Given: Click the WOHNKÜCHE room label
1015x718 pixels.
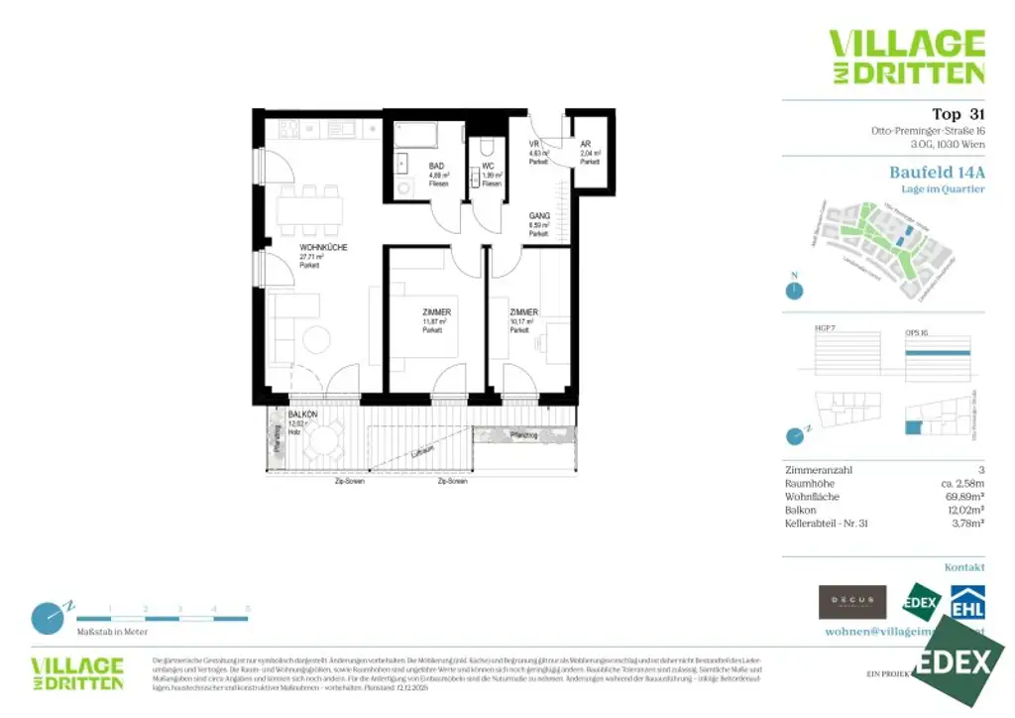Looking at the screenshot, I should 323,248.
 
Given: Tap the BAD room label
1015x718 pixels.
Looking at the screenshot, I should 436,167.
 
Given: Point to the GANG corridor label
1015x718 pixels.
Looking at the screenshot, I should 539,215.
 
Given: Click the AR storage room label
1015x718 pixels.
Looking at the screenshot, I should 587,144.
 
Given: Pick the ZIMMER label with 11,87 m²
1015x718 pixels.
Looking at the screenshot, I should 435,311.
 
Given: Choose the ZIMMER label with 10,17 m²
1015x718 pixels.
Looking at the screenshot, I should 522,311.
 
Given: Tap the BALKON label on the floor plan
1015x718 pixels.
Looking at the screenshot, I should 302,415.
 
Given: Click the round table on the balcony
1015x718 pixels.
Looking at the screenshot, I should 323,439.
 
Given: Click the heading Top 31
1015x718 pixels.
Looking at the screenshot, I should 959,113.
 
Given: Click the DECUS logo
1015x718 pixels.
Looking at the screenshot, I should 851,601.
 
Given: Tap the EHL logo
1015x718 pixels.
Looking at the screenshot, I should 967,601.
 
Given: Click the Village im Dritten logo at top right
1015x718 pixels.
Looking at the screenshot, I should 906,57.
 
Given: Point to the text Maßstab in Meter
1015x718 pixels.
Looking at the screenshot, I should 112,632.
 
